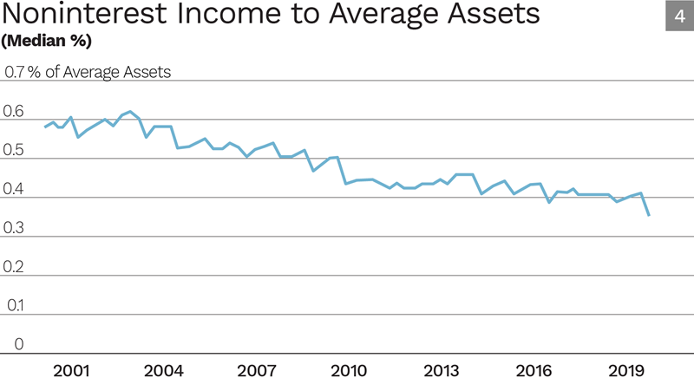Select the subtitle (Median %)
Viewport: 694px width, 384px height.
pos(48,41)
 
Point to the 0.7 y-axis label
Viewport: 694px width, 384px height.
pos(15,72)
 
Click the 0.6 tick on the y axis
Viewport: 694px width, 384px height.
pos(15,112)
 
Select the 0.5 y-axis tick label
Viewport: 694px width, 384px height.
pos(15,151)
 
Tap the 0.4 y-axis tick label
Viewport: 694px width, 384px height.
pos(15,190)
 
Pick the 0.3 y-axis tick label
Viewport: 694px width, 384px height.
pos(15,228)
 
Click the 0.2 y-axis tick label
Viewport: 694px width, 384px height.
pos(15,267)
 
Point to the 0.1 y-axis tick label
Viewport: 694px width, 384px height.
pos(15,306)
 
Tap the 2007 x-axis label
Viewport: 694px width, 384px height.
pos(257,371)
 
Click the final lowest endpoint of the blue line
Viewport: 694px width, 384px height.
pos(649,215)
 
